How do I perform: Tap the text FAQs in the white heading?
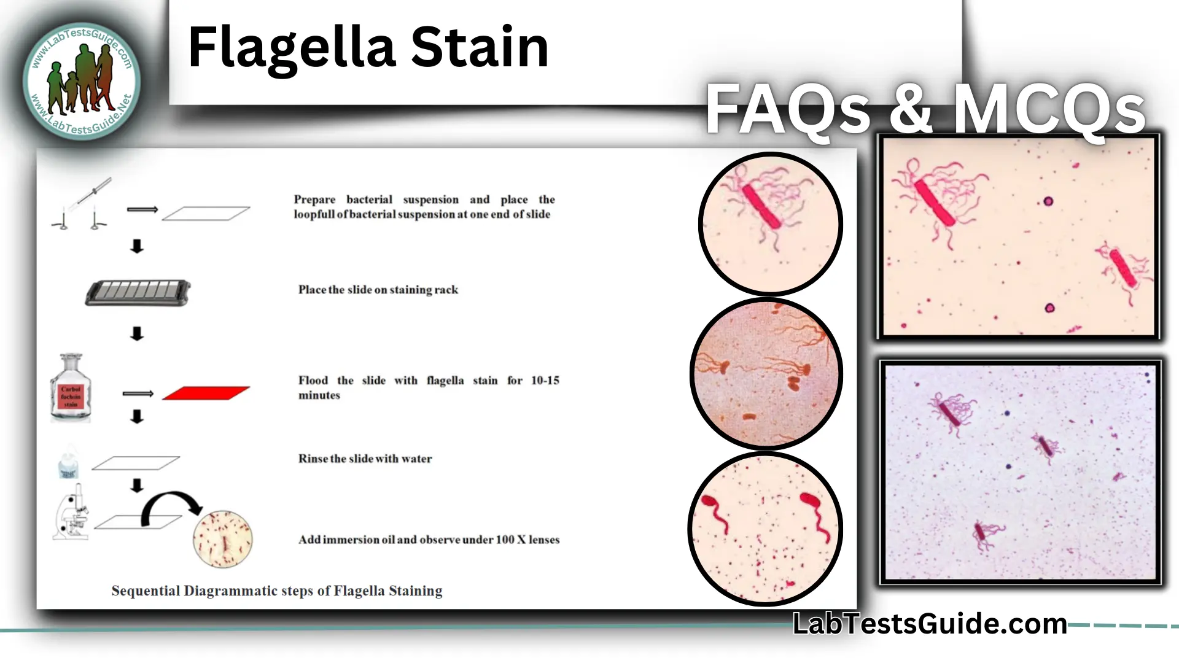tap(787, 109)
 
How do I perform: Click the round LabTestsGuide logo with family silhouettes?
tap(82, 81)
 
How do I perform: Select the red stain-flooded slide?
tap(206, 394)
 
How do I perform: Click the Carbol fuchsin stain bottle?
tap(71, 389)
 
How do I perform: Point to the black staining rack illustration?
tap(138, 293)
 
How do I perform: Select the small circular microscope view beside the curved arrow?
tap(222, 539)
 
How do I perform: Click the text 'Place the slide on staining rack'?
tap(378, 290)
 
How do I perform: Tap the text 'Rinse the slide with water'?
tap(365, 459)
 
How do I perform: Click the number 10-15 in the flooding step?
tap(545, 381)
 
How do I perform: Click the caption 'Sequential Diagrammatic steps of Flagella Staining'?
tap(276, 591)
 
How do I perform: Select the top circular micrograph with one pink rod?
tap(770, 223)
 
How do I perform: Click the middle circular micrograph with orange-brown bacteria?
tap(766, 374)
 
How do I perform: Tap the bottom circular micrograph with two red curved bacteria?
tap(765, 529)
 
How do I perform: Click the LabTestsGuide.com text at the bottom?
tap(929, 624)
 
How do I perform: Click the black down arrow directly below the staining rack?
tap(137, 334)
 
